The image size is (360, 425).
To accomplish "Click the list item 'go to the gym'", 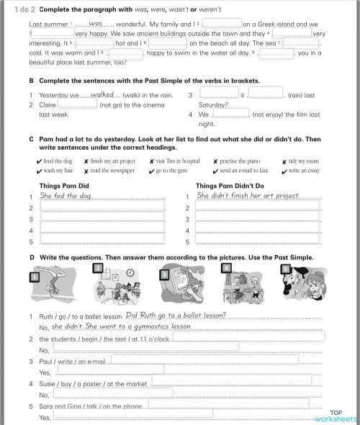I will coord(172,171).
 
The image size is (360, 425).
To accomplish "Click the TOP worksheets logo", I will coord(336,416).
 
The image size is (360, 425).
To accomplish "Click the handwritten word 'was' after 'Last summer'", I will coord(96,24).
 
